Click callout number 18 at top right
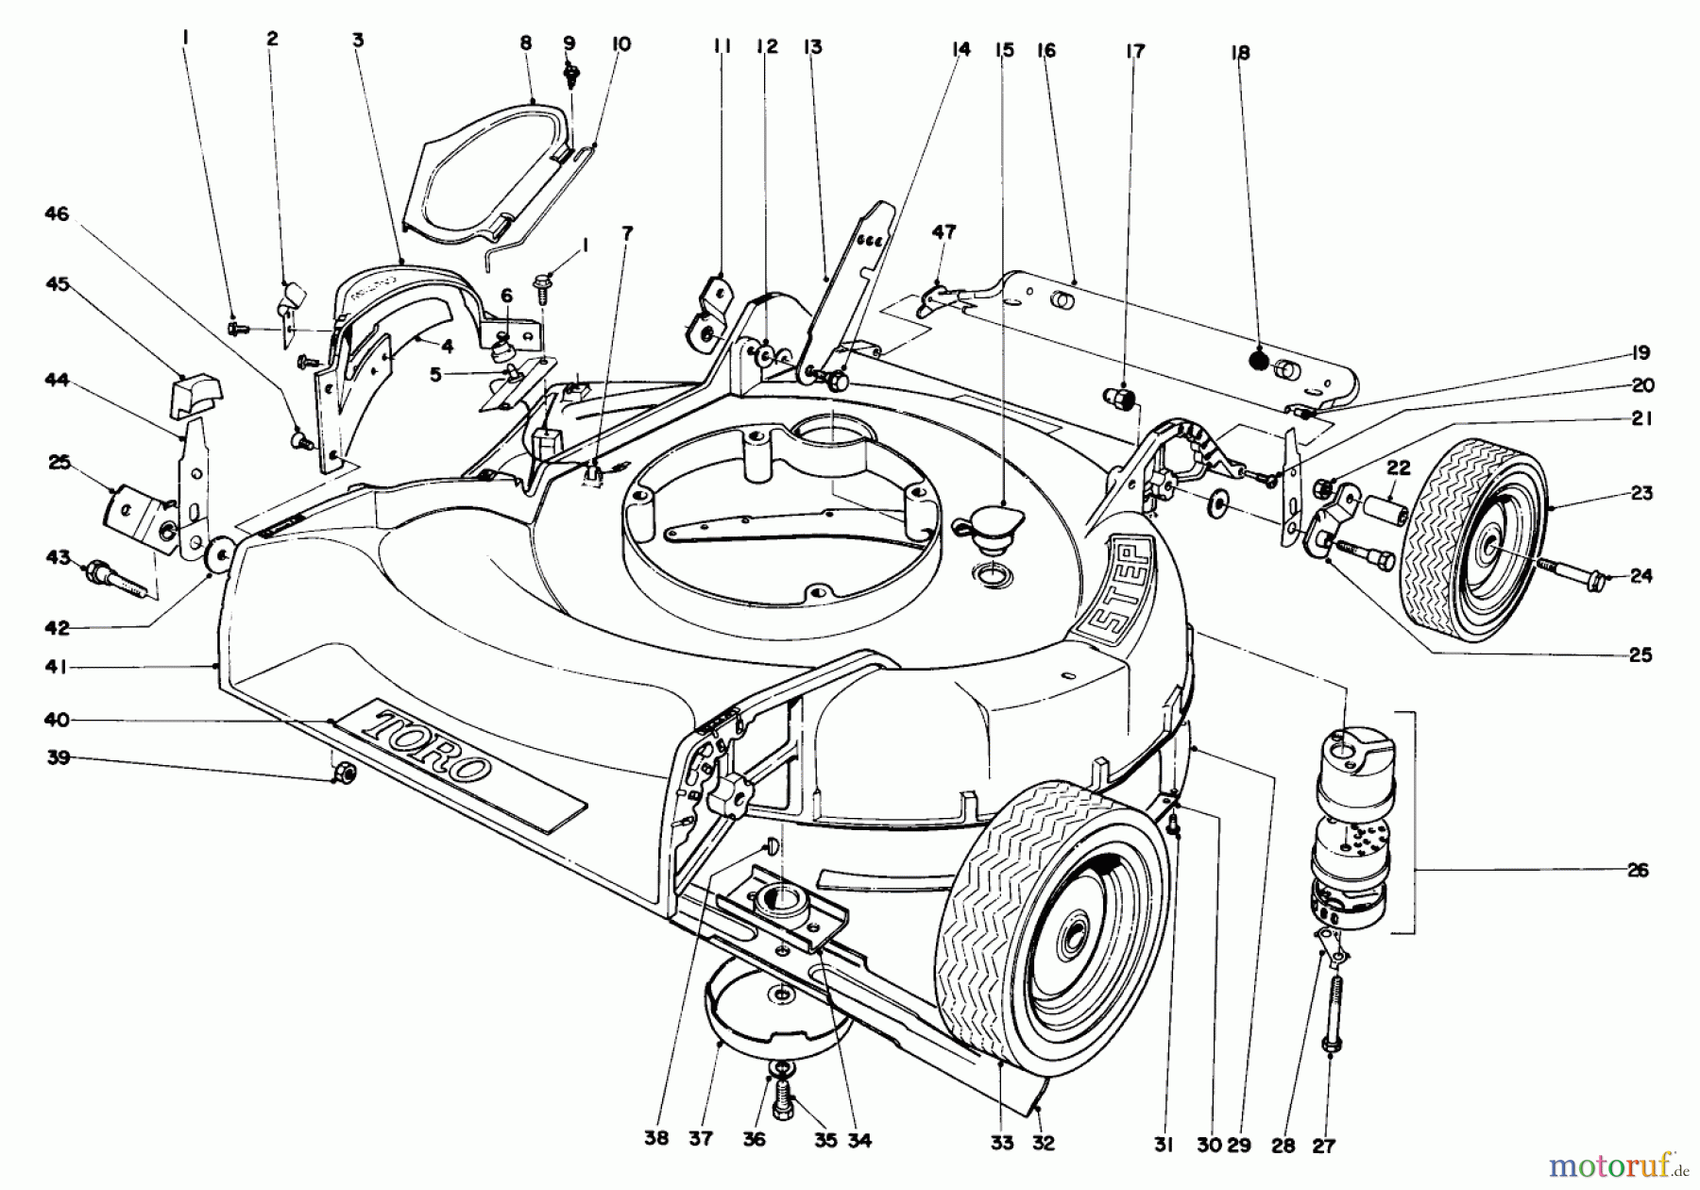tap(1240, 54)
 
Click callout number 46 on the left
tap(57, 215)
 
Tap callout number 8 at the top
tap(526, 42)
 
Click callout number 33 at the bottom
tap(1002, 1143)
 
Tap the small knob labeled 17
tap(1120, 398)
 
